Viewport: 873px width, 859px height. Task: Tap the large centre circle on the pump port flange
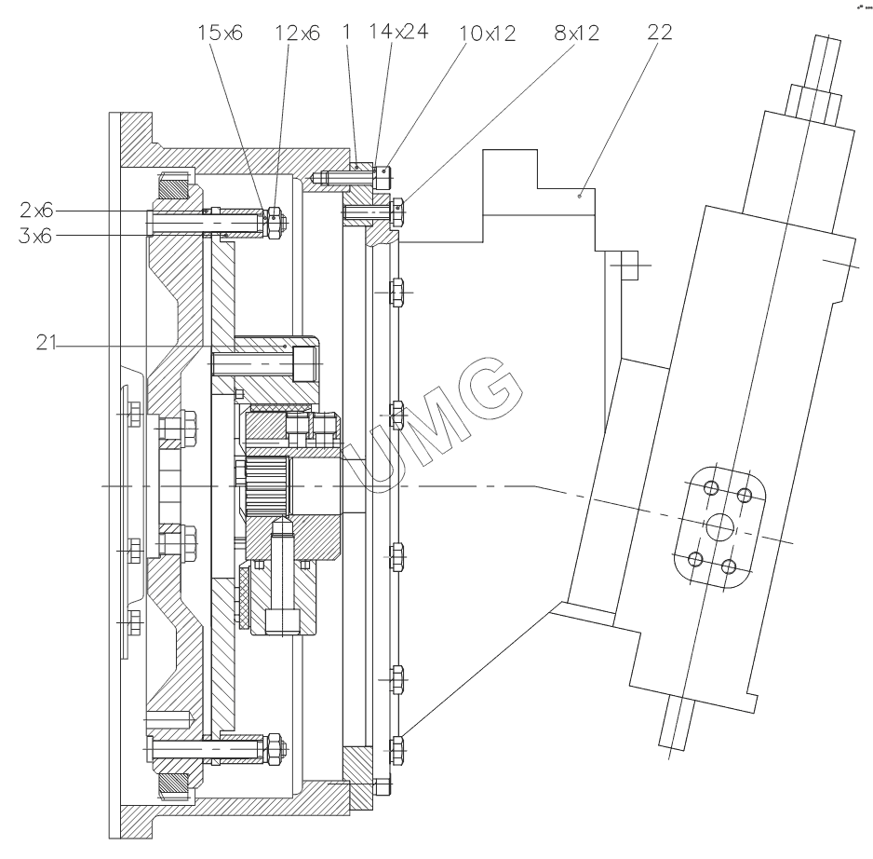coord(719,528)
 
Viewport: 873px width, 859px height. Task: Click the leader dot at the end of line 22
coord(579,197)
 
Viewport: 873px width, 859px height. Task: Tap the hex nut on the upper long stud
coord(275,222)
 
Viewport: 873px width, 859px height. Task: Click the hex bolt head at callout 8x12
coord(398,212)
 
